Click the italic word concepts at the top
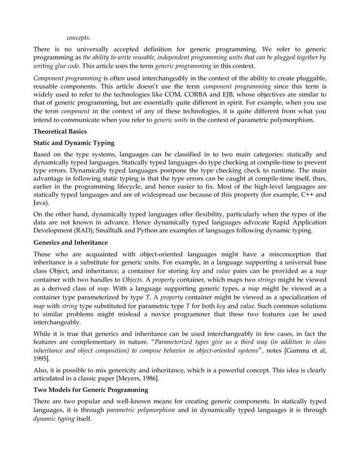tap(78, 38)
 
